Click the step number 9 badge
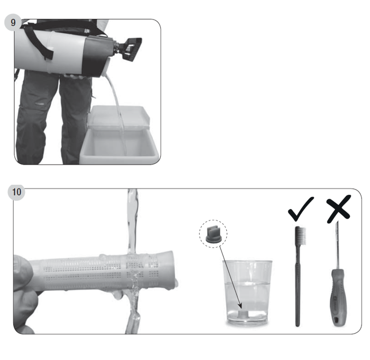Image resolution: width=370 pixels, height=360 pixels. pyautogui.click(x=13, y=22)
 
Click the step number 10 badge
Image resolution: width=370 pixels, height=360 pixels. pyautogui.click(x=16, y=192)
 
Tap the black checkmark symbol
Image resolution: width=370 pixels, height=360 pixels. pyautogui.click(x=300, y=209)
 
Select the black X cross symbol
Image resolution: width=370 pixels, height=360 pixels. pyautogui.click(x=339, y=209)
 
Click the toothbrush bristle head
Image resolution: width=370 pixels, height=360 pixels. pyautogui.click(x=301, y=235)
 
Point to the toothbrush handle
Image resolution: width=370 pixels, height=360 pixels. pyautogui.click(x=298, y=286)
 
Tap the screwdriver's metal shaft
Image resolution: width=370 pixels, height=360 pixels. pyautogui.click(x=337, y=245)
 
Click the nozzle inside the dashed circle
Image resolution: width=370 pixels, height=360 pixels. pyautogui.click(x=213, y=235)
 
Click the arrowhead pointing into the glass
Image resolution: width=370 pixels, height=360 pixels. pyautogui.click(x=240, y=306)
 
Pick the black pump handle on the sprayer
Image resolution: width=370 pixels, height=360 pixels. pyautogui.click(x=129, y=49)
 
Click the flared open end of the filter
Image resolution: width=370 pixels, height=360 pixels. pyautogui.click(x=168, y=269)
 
